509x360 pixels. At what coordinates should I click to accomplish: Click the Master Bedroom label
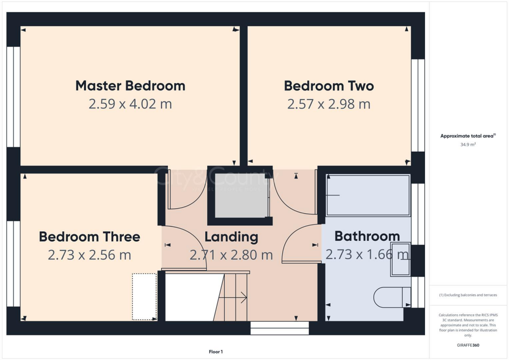point(130,86)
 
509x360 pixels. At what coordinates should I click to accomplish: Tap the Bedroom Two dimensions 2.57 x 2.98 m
point(329,104)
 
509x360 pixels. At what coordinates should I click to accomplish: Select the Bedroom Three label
point(89,236)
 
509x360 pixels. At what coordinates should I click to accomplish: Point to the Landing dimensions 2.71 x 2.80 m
point(231,255)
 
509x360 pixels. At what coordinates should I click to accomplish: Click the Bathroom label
point(367,236)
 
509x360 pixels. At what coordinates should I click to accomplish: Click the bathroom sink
point(400,259)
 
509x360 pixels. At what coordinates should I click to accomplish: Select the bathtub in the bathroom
point(368,195)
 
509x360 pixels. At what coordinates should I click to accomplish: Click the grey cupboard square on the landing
point(241,194)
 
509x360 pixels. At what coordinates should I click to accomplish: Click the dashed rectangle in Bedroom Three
point(145,296)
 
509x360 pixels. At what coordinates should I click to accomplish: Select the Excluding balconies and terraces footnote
point(468,295)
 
